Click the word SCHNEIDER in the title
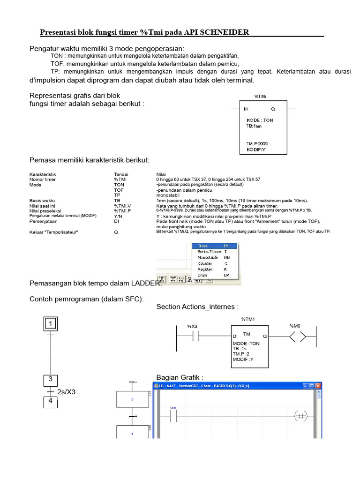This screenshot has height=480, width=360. coord(225,32)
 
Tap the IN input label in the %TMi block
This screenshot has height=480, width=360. coord(246,109)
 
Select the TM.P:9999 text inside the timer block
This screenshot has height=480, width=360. coord(257,143)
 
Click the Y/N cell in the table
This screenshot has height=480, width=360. coord(118,217)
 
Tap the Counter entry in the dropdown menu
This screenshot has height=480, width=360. coord(205,263)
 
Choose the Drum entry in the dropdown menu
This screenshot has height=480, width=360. coord(203,275)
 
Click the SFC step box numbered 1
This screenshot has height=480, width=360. coord(51,323)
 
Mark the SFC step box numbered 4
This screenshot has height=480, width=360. coord(51,402)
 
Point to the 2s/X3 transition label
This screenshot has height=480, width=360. coord(66,391)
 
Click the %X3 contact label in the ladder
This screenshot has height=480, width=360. coord(193,326)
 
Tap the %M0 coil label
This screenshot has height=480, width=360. coord(295,326)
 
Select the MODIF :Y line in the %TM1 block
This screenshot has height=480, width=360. coord(243,359)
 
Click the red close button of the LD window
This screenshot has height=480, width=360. coord(318,386)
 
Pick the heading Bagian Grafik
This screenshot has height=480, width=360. coord(180,378)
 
